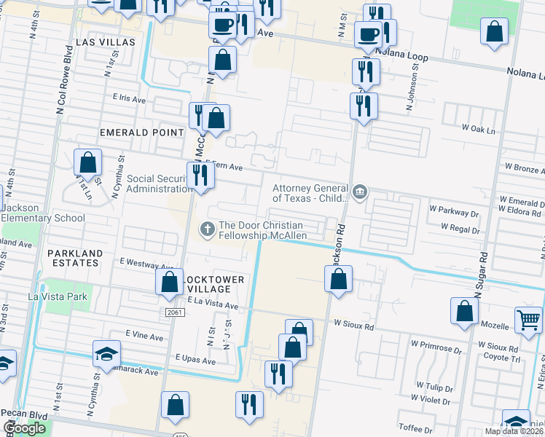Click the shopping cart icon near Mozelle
[528, 319]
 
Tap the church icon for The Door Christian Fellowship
[207, 229]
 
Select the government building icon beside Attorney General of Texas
[359, 192]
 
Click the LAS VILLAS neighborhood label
[110, 42]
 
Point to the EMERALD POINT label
[142, 133]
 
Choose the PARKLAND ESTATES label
[76, 259]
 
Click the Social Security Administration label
[157, 184]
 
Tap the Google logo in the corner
[25, 428]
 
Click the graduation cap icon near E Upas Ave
[107, 355]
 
